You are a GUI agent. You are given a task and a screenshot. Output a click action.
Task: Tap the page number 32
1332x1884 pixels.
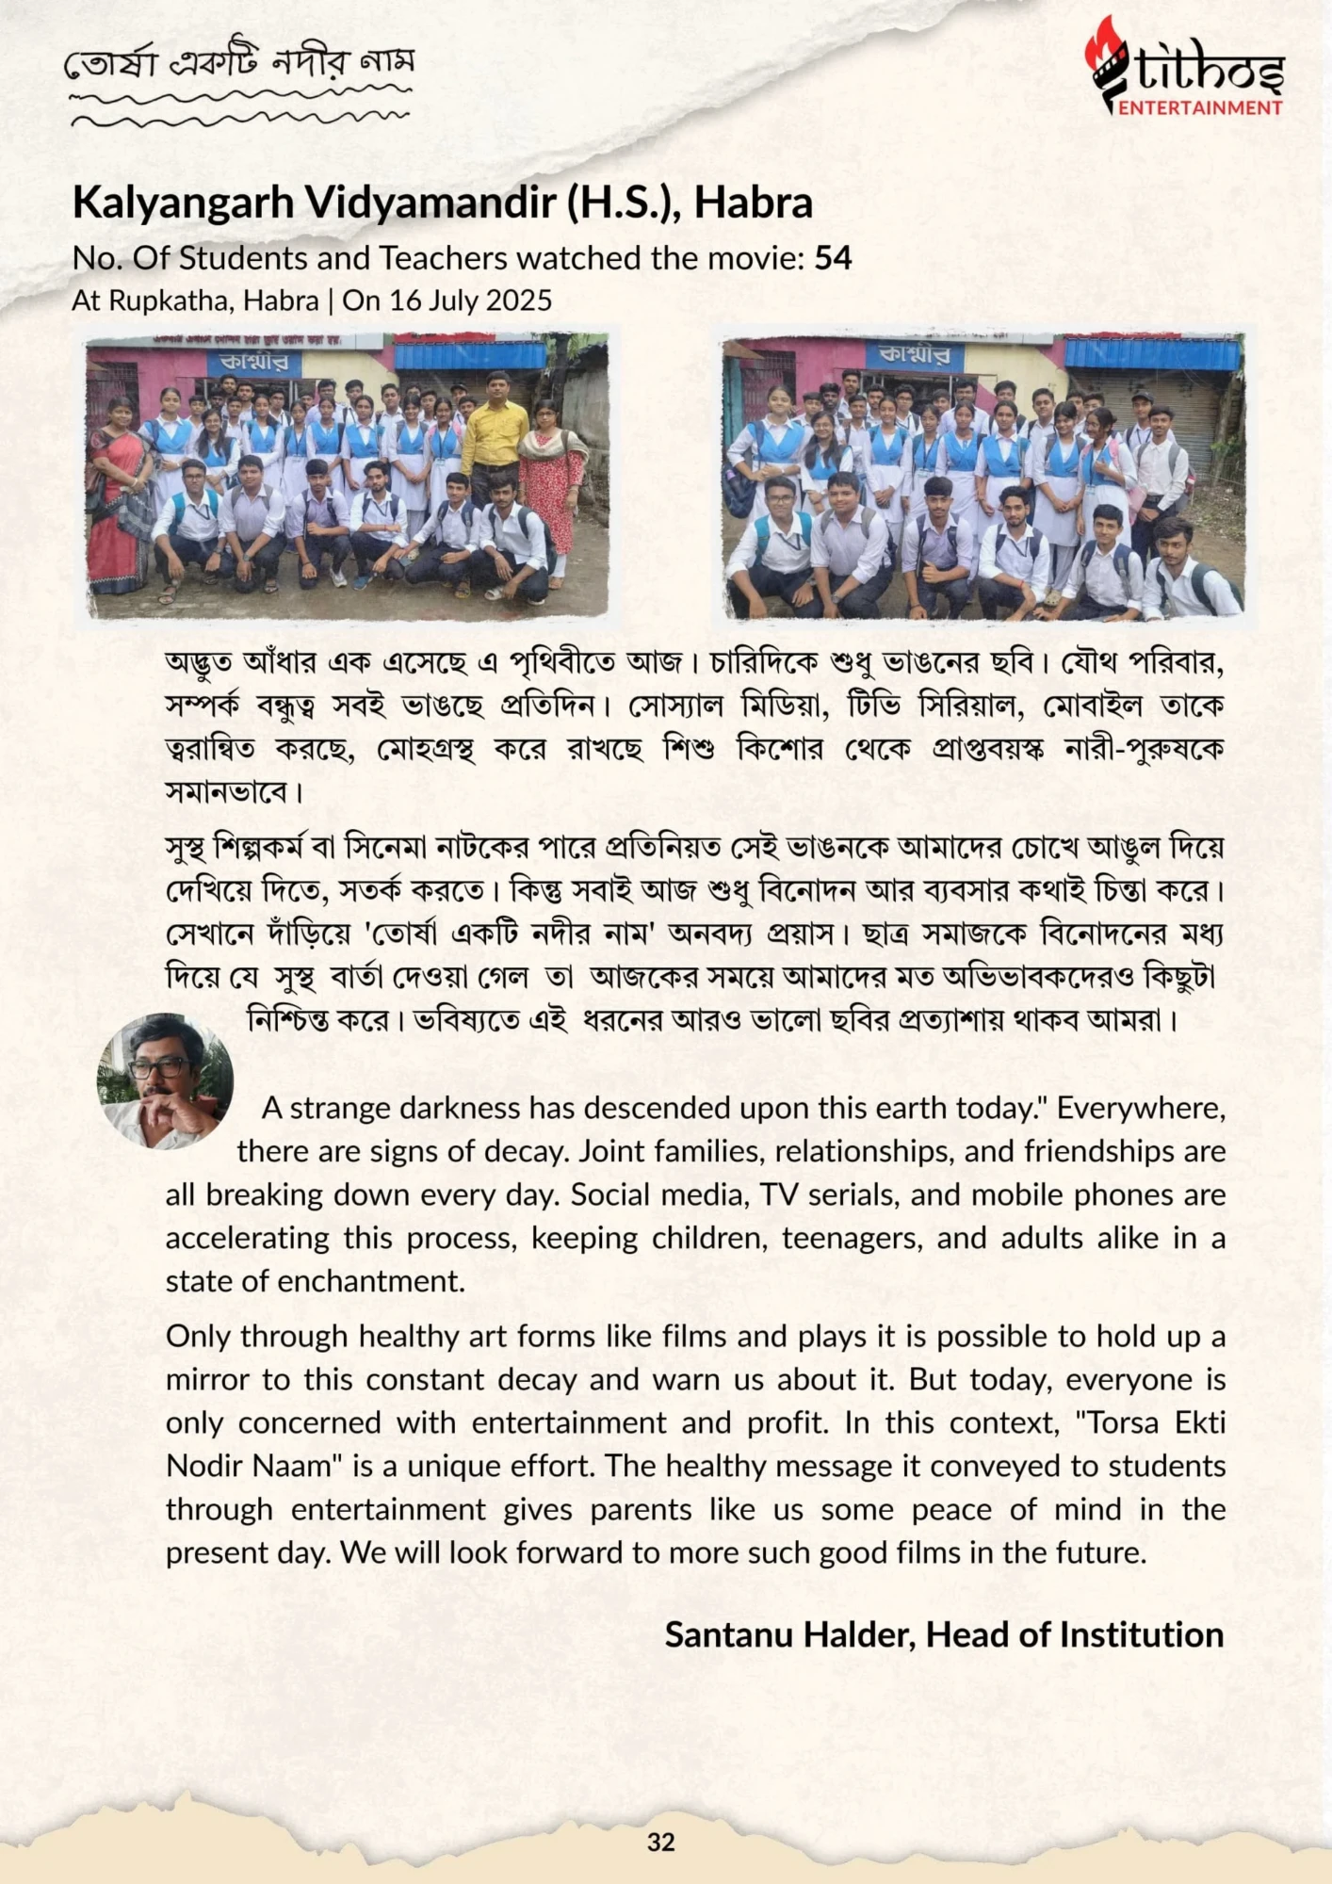(x=661, y=1842)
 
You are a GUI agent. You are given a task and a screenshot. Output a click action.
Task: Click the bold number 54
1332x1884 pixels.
(x=833, y=258)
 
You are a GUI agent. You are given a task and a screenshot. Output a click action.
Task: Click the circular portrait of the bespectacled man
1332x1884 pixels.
(x=166, y=1080)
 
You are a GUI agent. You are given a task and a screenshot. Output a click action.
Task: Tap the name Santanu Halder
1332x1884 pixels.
(x=789, y=1634)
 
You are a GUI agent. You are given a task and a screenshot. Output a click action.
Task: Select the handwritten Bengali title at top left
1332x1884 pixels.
(x=238, y=64)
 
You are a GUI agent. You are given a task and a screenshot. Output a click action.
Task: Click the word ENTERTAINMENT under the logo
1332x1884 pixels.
(x=1200, y=107)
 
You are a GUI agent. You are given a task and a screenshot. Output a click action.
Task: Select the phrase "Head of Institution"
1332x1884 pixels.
(x=1075, y=1634)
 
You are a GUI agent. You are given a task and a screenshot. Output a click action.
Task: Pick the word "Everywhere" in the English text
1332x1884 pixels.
(x=1141, y=1108)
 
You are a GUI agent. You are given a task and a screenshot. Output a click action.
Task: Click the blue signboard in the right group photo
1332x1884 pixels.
(x=914, y=355)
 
